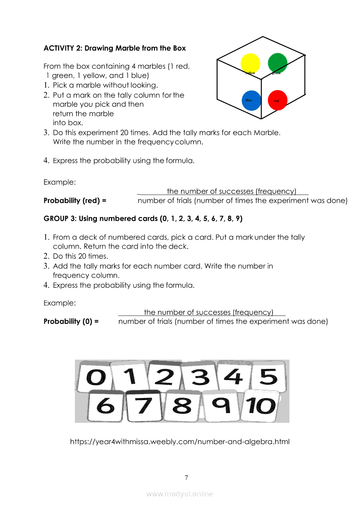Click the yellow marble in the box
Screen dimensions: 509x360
pos(250,63)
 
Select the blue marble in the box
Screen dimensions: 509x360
pos(251,100)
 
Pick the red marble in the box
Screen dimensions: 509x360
pos(277,100)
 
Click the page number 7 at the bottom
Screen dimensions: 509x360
pos(186,478)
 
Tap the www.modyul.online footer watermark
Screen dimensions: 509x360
pos(180,494)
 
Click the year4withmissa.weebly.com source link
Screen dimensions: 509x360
pos(180,442)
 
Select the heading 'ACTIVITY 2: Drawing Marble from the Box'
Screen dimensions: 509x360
pos(114,48)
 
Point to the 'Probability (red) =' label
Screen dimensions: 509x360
pos(75,201)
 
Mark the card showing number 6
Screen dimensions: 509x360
pos(105,406)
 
